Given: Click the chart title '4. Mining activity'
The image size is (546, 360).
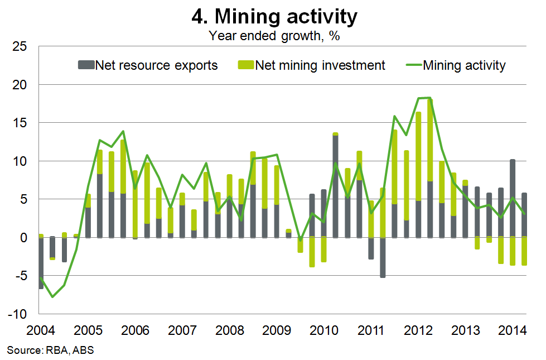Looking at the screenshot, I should click(x=274, y=17).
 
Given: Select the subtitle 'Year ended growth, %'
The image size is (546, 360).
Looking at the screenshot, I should click(x=274, y=37).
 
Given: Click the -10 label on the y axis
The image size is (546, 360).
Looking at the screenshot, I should click(x=18, y=314).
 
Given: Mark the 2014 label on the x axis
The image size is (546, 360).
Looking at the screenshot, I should click(x=514, y=329).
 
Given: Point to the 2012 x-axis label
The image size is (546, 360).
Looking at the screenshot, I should click(x=419, y=329).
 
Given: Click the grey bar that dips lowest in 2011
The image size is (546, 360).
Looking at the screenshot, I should click(x=383, y=257).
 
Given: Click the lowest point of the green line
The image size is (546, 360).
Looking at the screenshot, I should click(x=52, y=296).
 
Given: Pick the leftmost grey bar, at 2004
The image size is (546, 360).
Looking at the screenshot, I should click(x=41, y=263).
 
